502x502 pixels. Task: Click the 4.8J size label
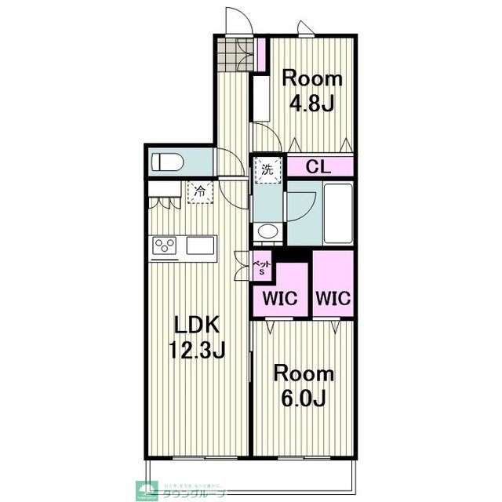[x=312, y=102]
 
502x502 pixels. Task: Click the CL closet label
[x=317, y=166]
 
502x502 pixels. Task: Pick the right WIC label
[x=333, y=299]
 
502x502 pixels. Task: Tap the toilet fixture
[x=168, y=163]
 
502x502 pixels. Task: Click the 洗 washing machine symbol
[x=267, y=169]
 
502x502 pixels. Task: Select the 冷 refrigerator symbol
[x=200, y=191]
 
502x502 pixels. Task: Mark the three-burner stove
[x=166, y=247]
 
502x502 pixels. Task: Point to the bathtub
[x=339, y=213]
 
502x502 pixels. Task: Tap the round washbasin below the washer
[x=267, y=231]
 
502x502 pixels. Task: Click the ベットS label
[x=262, y=267]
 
